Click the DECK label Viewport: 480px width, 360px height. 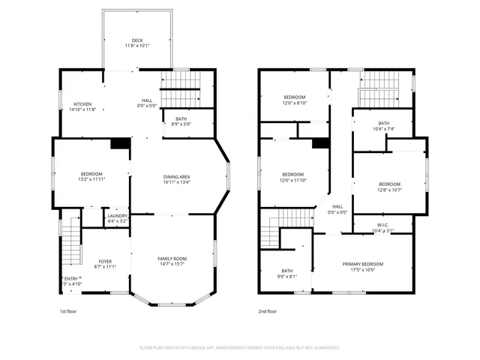(137, 40)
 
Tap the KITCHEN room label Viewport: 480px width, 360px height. (82, 103)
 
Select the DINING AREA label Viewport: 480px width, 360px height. (176, 176)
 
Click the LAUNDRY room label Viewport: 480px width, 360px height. (117, 216)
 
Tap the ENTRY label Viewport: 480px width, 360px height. (70, 279)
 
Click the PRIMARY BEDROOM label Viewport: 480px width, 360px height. (363, 264)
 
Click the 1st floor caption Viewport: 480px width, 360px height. (68, 310)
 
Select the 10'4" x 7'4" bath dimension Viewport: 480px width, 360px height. (383, 129)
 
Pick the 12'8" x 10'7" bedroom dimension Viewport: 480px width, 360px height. (389, 190)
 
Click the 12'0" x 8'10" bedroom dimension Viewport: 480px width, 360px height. (294, 103)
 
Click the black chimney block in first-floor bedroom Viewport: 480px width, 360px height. (118, 144)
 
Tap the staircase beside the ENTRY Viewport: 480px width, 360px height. (70, 244)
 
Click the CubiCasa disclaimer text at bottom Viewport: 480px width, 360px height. (240, 348)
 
